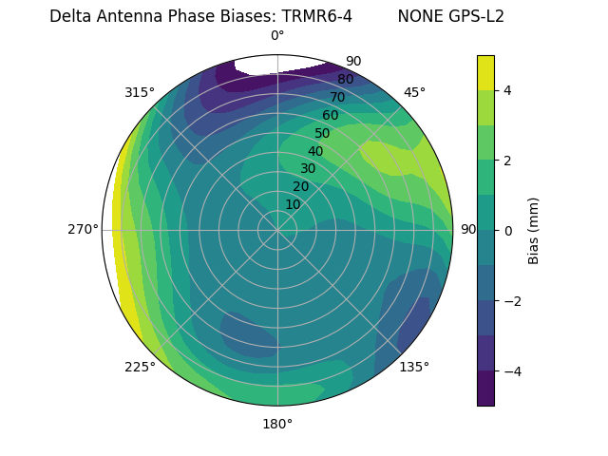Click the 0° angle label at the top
tap(277, 36)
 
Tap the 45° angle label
tap(414, 92)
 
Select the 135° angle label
tap(414, 367)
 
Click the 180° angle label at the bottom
tap(277, 424)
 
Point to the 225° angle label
tap(140, 367)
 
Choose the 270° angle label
tap(83, 230)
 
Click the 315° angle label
tap(140, 92)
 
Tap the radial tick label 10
tap(293, 204)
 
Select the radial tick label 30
tap(308, 168)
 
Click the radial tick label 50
tap(322, 133)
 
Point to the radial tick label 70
tap(337, 97)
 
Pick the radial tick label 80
tap(345, 80)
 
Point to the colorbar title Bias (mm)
tap(534, 230)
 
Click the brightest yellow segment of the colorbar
tap(485, 72)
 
